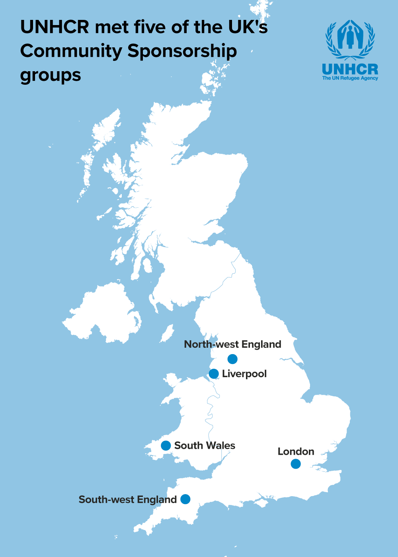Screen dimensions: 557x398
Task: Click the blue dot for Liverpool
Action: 214,374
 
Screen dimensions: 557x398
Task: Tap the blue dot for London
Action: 296,464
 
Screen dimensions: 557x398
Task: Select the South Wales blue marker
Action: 166,445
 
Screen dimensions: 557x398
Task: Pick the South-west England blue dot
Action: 185,499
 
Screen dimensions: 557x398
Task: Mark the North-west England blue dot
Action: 232,359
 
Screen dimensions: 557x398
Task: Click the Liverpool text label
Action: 244,374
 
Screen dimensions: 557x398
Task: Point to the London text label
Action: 296,452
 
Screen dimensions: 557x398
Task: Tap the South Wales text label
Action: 205,446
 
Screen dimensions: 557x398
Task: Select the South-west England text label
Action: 127,500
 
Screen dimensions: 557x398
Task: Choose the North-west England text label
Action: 232,345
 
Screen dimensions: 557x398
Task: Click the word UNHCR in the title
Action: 55,27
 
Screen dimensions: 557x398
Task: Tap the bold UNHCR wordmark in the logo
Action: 350,69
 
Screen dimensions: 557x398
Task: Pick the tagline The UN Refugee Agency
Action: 350,78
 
